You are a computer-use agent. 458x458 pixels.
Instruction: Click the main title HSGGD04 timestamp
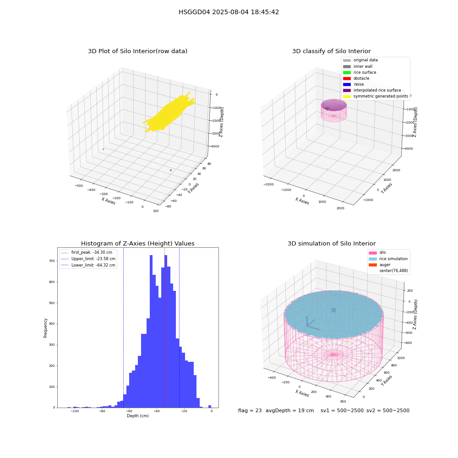click(229, 12)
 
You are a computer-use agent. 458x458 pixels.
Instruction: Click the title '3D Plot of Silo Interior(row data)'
click(137, 51)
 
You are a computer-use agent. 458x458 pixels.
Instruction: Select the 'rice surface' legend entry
click(360, 72)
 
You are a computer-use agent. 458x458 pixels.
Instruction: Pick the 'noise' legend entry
click(354, 84)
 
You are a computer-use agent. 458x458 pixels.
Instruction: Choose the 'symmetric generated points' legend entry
click(376, 96)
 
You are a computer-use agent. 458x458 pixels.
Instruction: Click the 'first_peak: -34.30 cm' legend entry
click(87, 252)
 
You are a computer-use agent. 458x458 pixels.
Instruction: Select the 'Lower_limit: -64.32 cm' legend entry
click(88, 265)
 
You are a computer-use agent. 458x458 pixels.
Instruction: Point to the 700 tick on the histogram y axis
click(52, 261)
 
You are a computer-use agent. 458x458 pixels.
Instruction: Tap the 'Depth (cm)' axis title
click(137, 416)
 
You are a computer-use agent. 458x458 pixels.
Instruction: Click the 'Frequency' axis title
click(45, 328)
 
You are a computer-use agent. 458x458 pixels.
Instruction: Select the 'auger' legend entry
click(379, 265)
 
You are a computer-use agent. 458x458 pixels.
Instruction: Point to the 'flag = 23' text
click(250, 410)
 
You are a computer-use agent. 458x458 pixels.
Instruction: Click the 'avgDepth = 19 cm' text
click(289, 410)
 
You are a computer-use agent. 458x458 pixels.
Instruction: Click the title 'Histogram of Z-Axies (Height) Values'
click(137, 244)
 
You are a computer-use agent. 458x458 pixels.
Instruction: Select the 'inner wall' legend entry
click(358, 66)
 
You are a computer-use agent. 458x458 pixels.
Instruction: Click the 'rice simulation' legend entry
click(388, 259)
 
